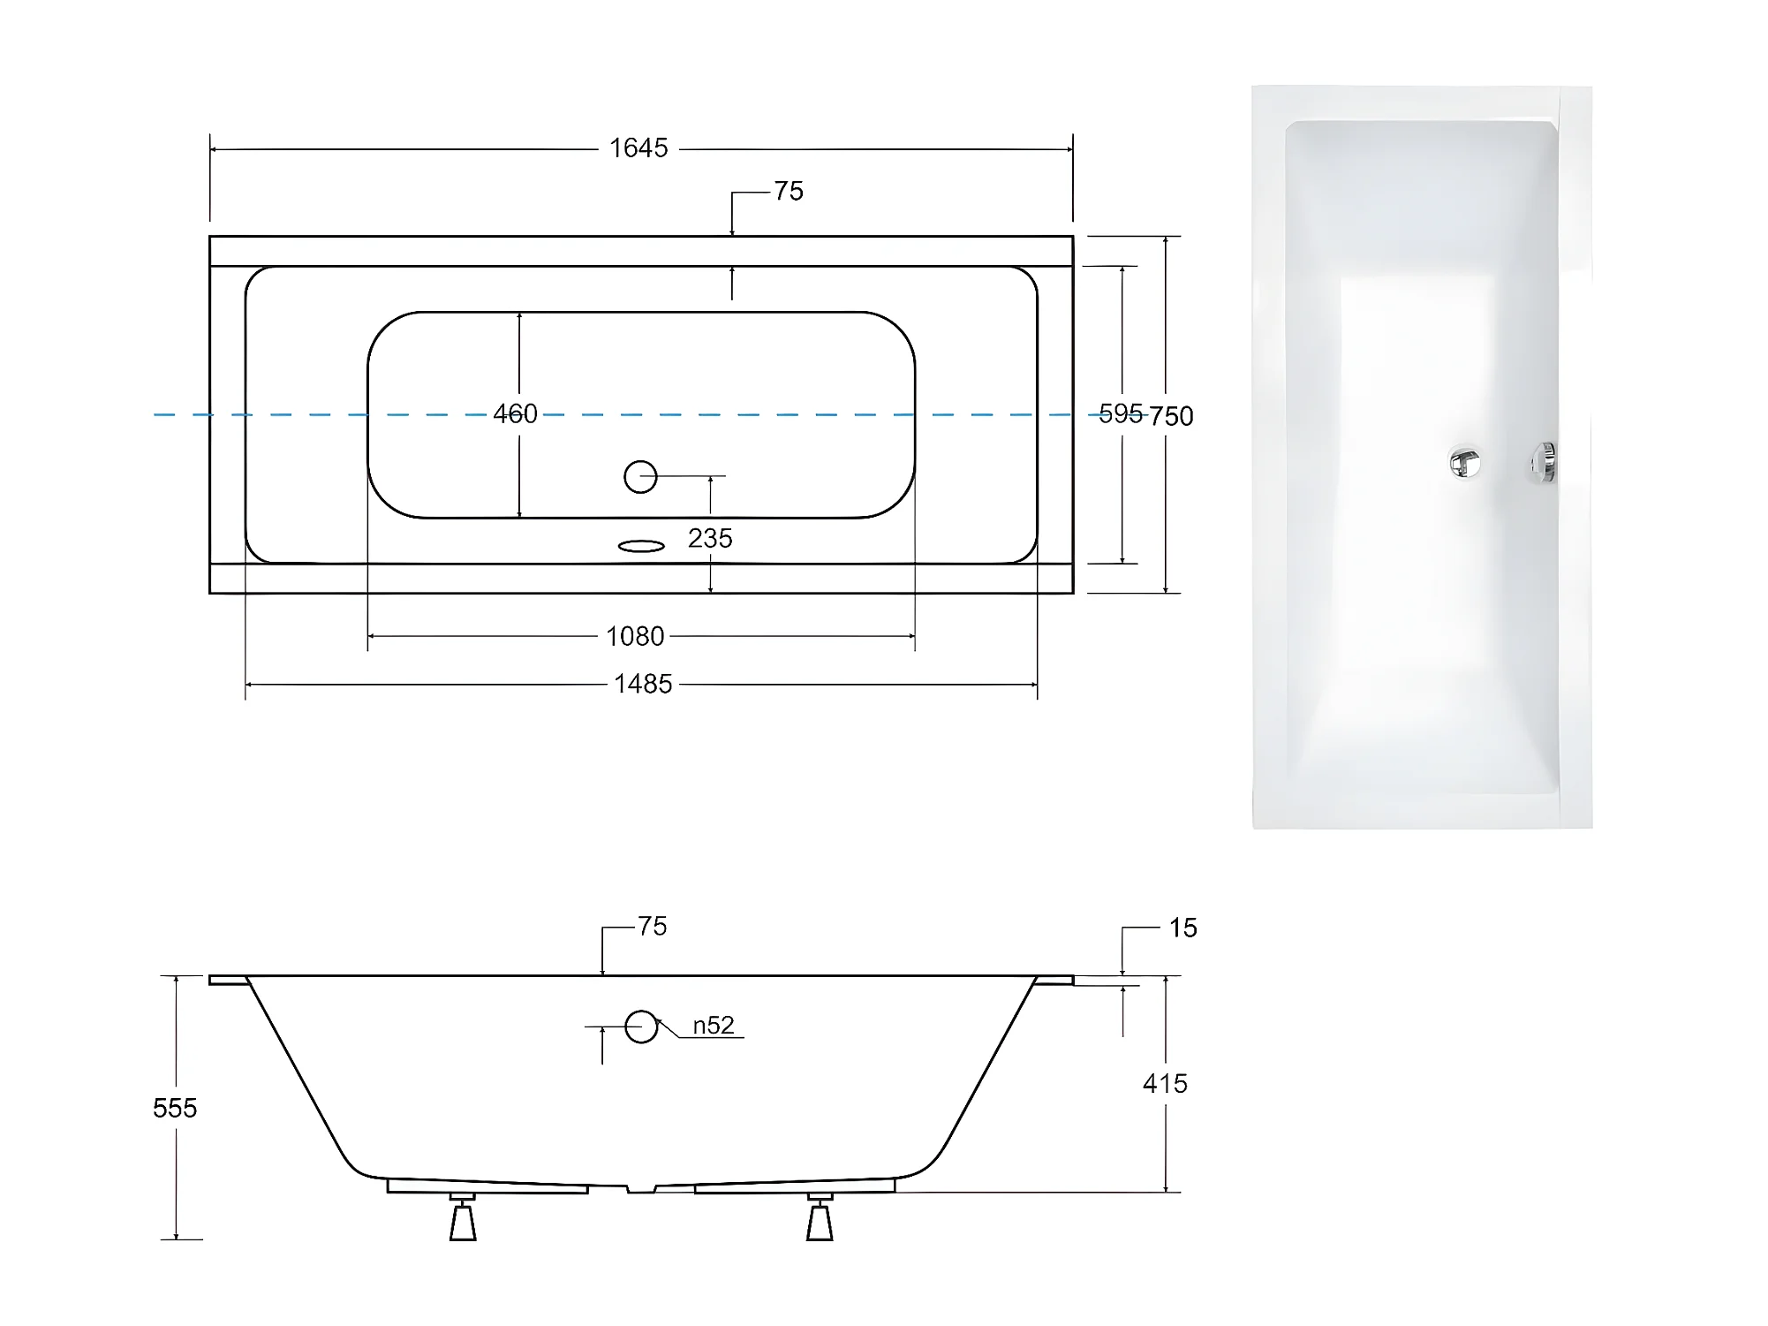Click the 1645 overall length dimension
click(638, 148)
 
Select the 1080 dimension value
click(635, 636)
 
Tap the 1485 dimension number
click(643, 684)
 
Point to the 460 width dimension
click(515, 413)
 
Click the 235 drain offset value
click(710, 538)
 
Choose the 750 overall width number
click(1172, 416)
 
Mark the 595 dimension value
click(1121, 413)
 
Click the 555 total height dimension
click(175, 1108)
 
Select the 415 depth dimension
click(1165, 1083)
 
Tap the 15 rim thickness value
click(1183, 928)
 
